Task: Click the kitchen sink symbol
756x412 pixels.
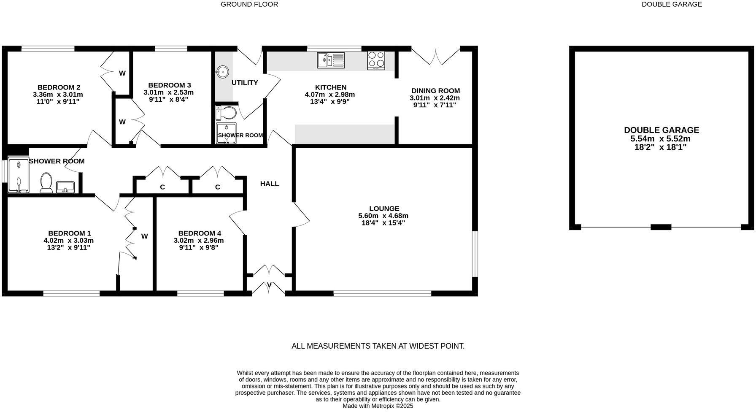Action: point(331,60)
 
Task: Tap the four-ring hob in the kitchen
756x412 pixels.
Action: point(376,60)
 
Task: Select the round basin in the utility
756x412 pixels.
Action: point(222,72)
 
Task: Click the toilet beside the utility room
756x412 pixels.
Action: point(227,113)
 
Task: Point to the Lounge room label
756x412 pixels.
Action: point(384,209)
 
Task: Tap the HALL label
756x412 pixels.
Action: point(269,184)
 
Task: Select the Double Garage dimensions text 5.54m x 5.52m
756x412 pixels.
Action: point(660,139)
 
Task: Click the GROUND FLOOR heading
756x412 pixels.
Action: point(249,4)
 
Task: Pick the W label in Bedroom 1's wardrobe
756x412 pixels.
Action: point(144,236)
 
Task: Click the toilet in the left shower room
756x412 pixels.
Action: point(46,183)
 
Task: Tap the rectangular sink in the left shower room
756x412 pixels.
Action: point(65,187)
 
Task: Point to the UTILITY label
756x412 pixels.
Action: point(245,83)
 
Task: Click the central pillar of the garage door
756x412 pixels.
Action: point(661,227)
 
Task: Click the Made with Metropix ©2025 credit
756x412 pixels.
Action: point(378,406)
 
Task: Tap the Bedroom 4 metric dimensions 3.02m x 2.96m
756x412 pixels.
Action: point(199,241)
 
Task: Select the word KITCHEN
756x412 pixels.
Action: point(331,87)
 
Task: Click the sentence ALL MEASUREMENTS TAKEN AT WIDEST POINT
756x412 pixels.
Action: point(378,346)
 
